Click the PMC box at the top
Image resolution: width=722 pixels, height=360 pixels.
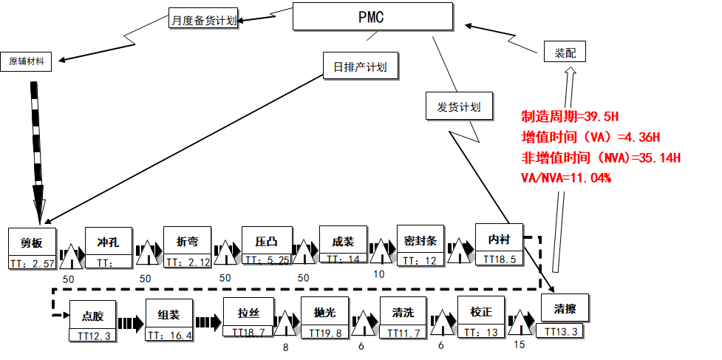point(371,17)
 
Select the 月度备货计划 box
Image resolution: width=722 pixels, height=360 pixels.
point(203,21)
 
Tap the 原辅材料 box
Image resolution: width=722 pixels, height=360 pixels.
point(27,61)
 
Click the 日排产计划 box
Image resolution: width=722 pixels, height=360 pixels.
point(361,67)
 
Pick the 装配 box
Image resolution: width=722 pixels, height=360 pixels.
point(565,52)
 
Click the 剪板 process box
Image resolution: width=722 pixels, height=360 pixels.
point(32,242)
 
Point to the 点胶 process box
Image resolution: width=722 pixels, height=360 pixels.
point(93,316)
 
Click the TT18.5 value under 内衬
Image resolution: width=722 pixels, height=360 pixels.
point(499,259)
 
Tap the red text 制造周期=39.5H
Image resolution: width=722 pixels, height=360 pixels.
point(569,117)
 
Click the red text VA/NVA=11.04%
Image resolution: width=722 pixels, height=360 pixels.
point(566,177)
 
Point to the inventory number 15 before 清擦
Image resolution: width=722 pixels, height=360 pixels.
point(520,344)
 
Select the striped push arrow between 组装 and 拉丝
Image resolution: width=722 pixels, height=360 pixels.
point(208,322)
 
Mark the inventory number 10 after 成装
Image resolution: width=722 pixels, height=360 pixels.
point(379,274)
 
